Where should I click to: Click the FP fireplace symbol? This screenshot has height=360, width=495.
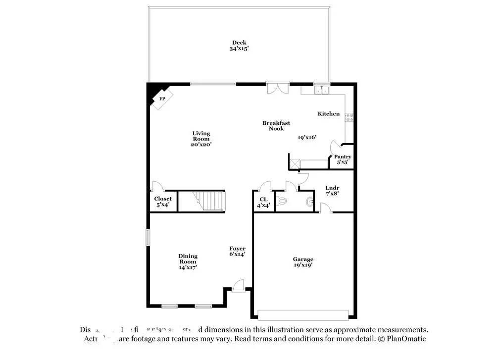tap(162, 98)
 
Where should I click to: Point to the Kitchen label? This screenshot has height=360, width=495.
tap(329, 114)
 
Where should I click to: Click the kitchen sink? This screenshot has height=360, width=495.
tap(322, 90)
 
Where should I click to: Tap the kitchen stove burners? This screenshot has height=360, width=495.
tap(349, 118)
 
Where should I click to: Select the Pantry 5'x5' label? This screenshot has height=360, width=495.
tap(343, 159)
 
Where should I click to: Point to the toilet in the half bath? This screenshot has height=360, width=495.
tap(282, 202)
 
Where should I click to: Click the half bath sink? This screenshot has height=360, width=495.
tap(310, 202)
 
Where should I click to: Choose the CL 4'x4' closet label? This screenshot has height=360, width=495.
tap(263, 202)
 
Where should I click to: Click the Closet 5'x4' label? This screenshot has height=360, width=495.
tap(163, 202)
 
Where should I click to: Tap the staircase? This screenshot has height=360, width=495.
tap(202, 201)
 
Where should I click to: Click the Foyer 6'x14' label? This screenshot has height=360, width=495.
tap(237, 251)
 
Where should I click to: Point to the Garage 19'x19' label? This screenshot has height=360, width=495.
tap(303, 262)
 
